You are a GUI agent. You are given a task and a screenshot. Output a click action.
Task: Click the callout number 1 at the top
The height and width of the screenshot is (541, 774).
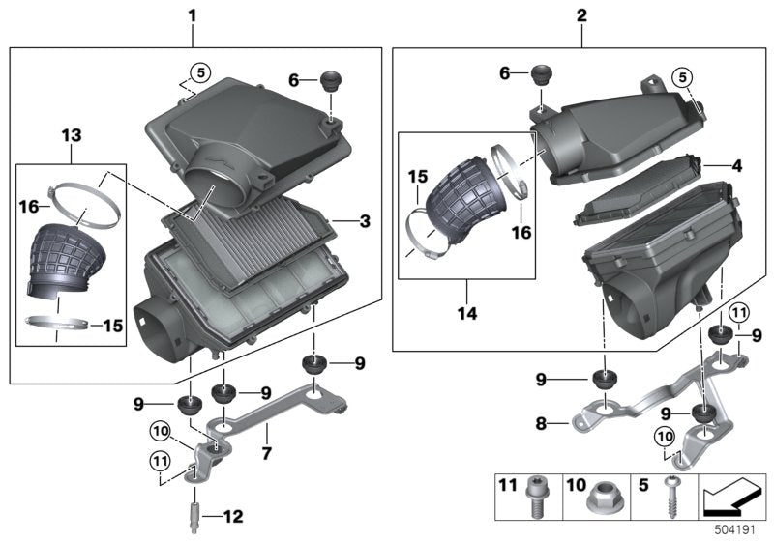tap(192, 15)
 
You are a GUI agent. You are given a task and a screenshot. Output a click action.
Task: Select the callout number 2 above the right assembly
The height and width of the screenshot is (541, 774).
tap(581, 15)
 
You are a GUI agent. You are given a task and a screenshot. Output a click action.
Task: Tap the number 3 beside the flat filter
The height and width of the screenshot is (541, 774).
tap(365, 222)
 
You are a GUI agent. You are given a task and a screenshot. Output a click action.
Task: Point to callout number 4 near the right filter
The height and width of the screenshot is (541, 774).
tap(737, 166)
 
